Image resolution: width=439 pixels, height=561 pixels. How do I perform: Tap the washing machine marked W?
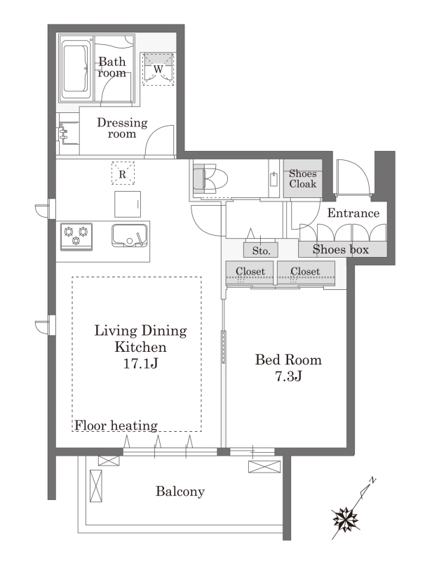[x=158, y=69]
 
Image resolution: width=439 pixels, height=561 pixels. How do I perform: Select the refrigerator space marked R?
[x=123, y=173]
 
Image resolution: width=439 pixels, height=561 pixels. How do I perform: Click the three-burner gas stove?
[x=76, y=236]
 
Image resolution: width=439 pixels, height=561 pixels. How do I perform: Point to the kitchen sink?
[x=130, y=235]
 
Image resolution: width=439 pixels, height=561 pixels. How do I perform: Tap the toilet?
[x=210, y=178]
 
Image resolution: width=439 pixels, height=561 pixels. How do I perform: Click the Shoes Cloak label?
[x=303, y=178]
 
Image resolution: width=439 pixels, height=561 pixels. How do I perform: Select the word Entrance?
[x=353, y=213]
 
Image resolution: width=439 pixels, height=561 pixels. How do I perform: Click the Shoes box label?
[x=341, y=249]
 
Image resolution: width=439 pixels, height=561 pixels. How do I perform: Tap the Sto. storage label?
[x=261, y=251]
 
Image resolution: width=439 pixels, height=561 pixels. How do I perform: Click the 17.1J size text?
[x=140, y=364]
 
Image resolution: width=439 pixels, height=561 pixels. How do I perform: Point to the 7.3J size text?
[x=288, y=376]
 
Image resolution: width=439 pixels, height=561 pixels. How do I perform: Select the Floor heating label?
[x=116, y=425]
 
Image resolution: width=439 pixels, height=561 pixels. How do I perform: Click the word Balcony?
[x=180, y=491]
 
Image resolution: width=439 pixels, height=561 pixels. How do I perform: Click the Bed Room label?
[x=288, y=359]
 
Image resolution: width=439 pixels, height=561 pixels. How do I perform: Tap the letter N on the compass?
[x=372, y=480]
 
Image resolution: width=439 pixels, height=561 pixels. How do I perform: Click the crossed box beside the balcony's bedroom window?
[x=264, y=466]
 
